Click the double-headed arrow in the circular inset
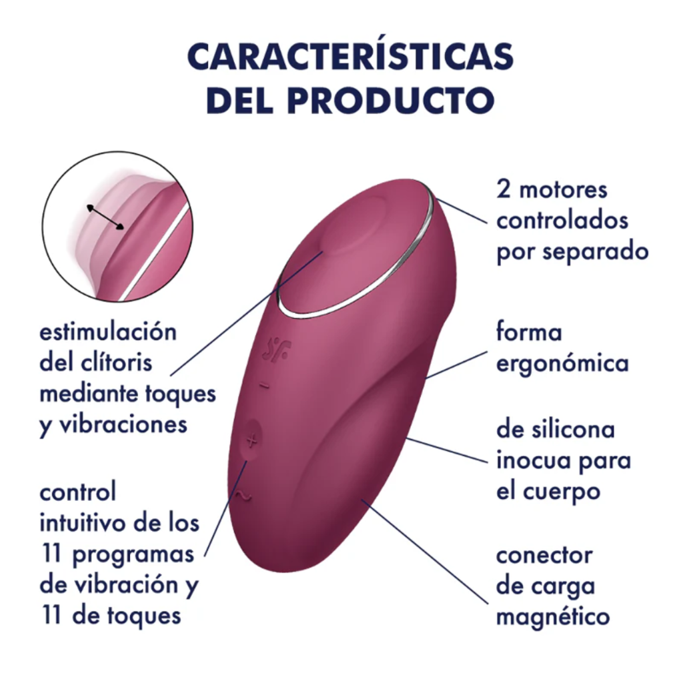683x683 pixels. [x=105, y=217]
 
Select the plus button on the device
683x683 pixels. [x=251, y=440]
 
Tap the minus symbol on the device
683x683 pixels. [x=264, y=385]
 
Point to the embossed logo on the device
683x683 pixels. [x=277, y=350]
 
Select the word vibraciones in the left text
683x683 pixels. [x=123, y=424]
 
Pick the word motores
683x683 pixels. [x=563, y=190]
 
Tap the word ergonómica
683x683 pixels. [x=562, y=364]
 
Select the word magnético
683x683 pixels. [x=553, y=617]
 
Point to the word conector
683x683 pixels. [x=544, y=556]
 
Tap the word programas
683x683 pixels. [x=133, y=555]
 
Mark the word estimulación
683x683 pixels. [x=108, y=332]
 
